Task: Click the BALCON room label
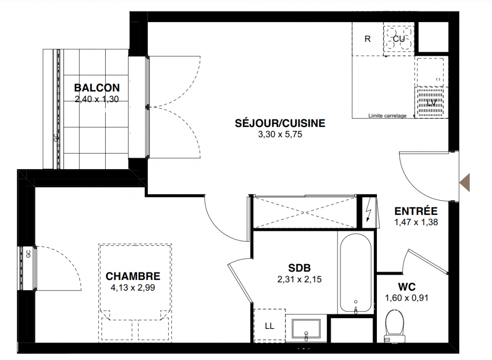point(97,88)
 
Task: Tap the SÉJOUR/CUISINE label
point(280,123)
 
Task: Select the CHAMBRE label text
point(133,276)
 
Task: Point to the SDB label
point(300,268)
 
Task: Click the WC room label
point(407,287)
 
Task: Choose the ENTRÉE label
point(416,211)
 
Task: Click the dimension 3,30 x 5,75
point(280,135)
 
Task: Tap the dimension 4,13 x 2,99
point(133,288)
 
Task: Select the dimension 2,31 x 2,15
point(300,279)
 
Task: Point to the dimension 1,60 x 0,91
point(407,298)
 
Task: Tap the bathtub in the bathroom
point(356,273)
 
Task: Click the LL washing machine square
point(269,325)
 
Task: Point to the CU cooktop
point(398,39)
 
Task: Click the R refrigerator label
point(367,39)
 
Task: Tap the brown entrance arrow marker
point(465,182)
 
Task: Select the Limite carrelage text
point(387,116)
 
